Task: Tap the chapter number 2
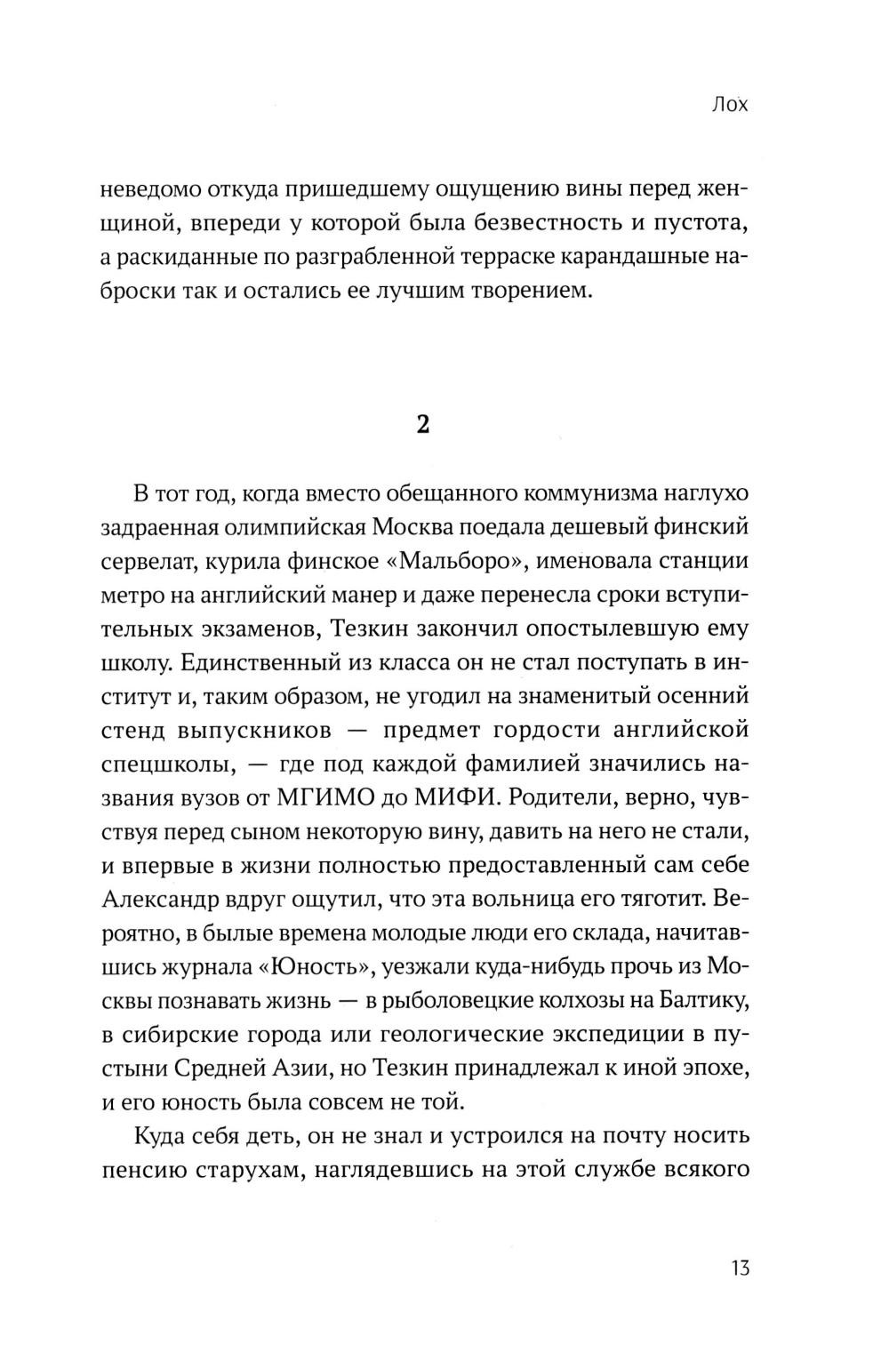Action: pyautogui.click(x=423, y=425)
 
